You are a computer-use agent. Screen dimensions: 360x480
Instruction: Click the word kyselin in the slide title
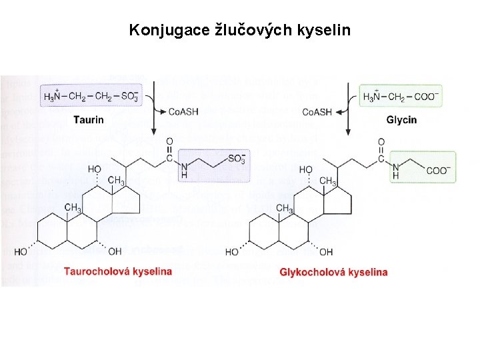(323, 30)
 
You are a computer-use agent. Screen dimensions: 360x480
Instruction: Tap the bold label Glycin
(401, 120)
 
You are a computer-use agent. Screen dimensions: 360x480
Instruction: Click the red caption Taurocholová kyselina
(118, 271)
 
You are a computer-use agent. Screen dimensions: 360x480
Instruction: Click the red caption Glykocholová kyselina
(333, 272)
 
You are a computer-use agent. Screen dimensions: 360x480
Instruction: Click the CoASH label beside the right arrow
(316, 111)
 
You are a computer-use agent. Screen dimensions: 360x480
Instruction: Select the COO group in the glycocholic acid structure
(437, 170)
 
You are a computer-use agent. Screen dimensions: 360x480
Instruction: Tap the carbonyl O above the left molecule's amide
(169, 141)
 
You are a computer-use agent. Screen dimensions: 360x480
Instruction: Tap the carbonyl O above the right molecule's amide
(381, 141)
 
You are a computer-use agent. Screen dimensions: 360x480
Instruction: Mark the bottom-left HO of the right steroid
(232, 252)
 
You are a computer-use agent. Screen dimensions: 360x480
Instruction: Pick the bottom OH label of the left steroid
(114, 251)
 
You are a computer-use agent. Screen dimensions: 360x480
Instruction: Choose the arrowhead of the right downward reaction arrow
(347, 131)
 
